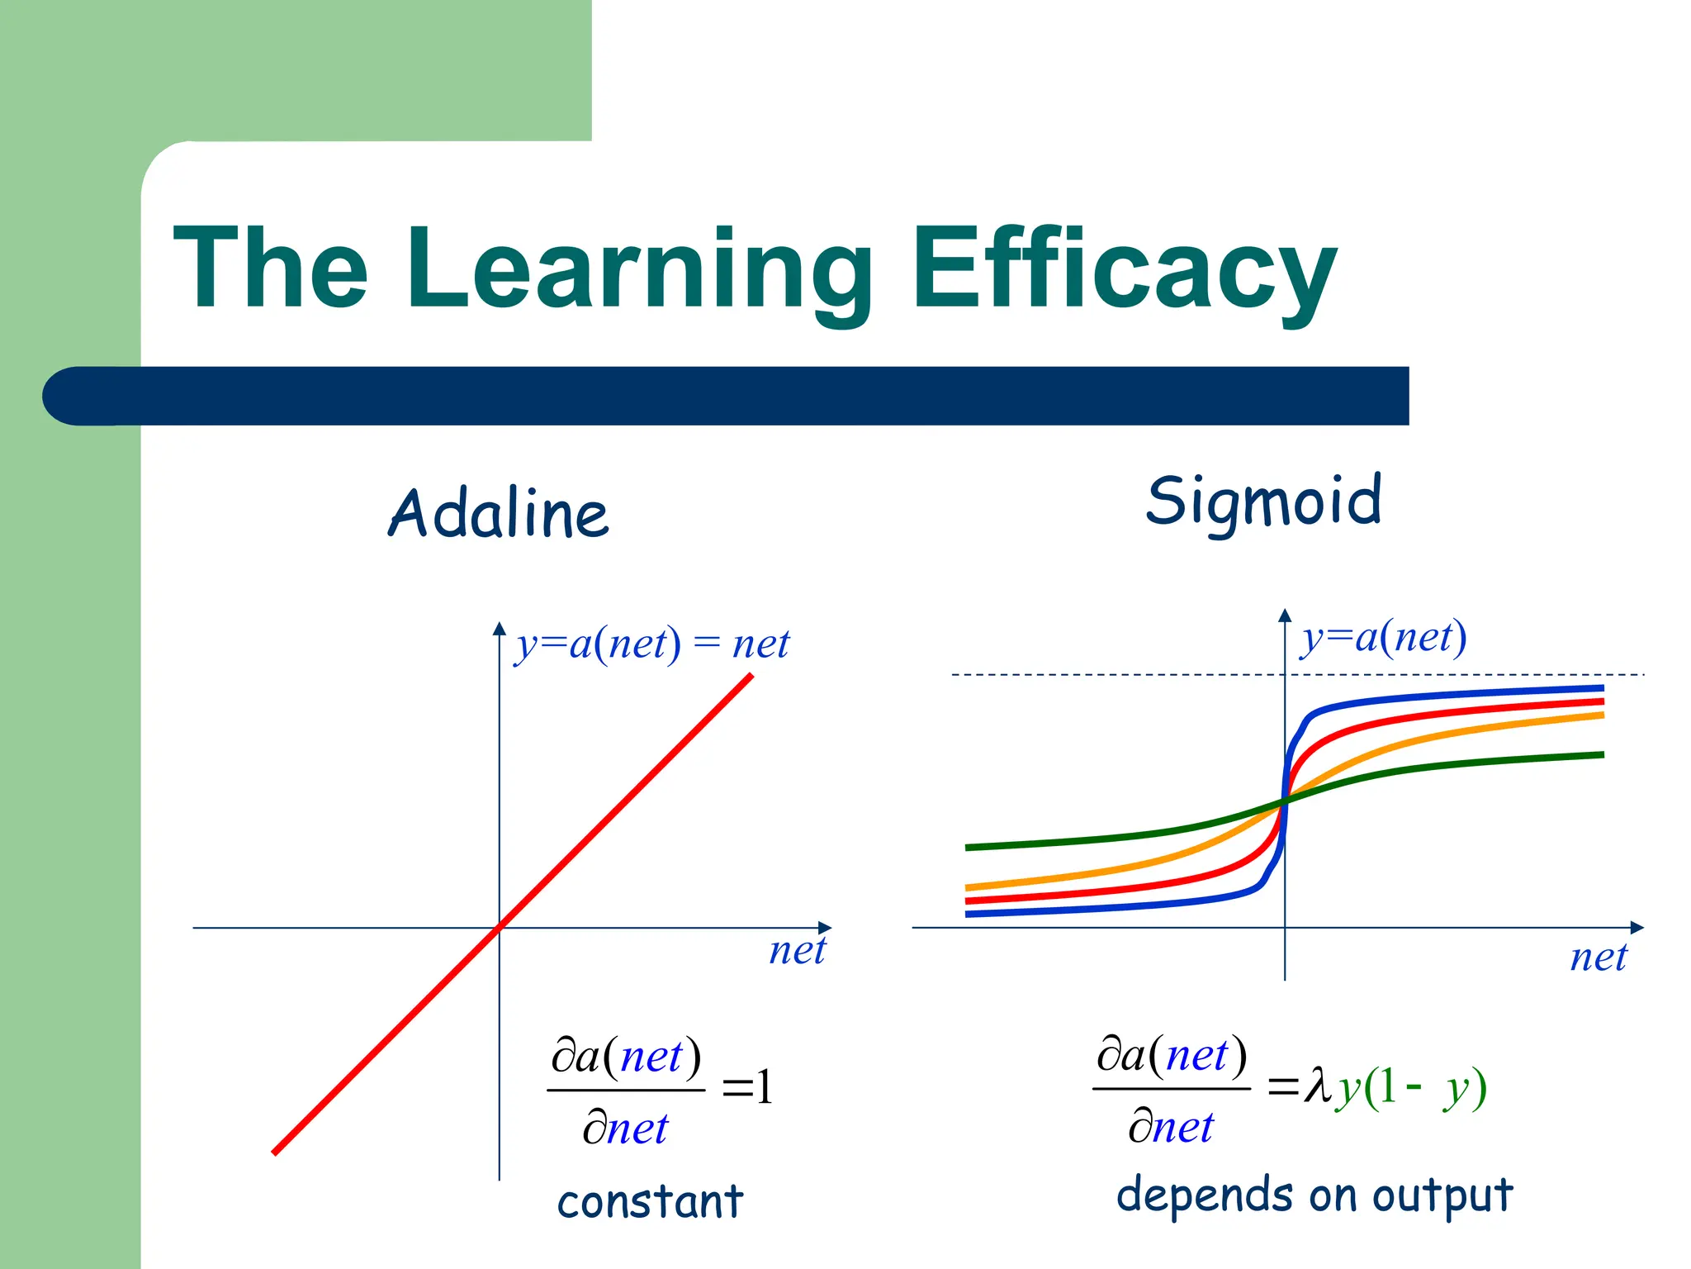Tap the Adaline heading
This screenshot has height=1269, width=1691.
tap(499, 513)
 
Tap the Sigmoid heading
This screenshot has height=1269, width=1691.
tap(1263, 501)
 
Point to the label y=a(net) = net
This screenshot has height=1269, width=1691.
tap(652, 644)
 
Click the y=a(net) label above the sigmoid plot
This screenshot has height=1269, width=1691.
tap(1384, 637)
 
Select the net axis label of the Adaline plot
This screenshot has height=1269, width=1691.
tap(797, 950)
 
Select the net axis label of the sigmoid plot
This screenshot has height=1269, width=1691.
tap(1598, 958)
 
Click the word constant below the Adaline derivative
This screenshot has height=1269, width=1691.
tap(650, 1201)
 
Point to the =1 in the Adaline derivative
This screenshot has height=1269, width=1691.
tap(748, 1087)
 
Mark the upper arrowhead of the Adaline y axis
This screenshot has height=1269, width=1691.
tap(499, 629)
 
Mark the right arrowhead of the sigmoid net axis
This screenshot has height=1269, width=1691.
tap(1637, 928)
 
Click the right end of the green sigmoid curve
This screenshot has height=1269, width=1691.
tap(1600, 754)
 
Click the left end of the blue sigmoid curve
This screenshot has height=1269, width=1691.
tap(969, 914)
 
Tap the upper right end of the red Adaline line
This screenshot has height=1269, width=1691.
tap(750, 677)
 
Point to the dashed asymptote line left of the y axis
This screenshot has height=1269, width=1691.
tap(1115, 675)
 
